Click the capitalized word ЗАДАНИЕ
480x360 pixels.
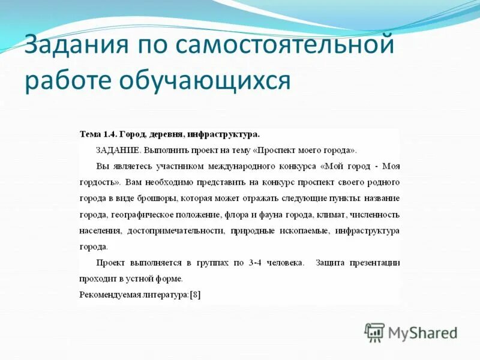[118, 150]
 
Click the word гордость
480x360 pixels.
[100, 182]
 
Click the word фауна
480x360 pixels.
[273, 215]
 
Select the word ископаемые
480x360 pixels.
[303, 231]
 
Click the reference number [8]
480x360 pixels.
[195, 295]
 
